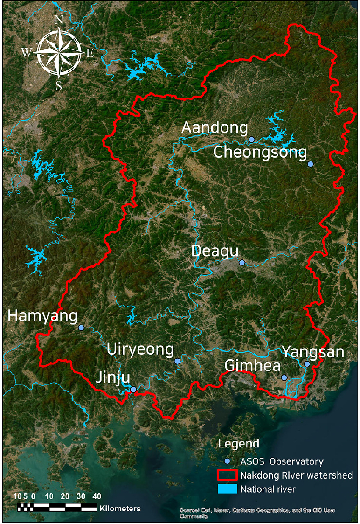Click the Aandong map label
[x=215, y=127]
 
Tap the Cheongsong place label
[x=260, y=153]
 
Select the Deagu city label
[x=215, y=251]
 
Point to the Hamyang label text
[x=43, y=316]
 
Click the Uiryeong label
[x=140, y=349]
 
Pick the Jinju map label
[x=112, y=377]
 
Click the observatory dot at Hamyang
[x=81, y=328]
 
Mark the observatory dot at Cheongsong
[x=311, y=164]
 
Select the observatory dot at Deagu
[x=242, y=263]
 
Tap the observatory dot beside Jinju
[x=133, y=389]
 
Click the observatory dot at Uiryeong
[x=177, y=361]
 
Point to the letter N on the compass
[x=59, y=20]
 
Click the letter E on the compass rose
[x=90, y=53]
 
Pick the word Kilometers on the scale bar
[x=120, y=508]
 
